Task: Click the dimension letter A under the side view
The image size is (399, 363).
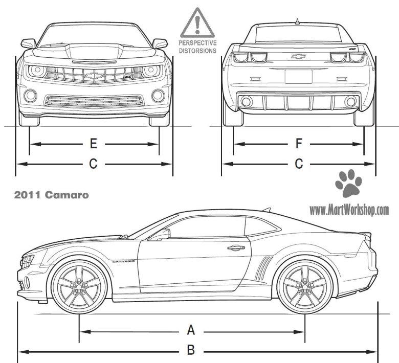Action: point(191,330)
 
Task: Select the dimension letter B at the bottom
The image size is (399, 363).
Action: point(191,351)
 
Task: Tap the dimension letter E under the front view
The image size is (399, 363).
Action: point(93,144)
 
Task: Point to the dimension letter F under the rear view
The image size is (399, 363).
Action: point(299,144)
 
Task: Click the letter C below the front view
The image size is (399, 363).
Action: point(93,164)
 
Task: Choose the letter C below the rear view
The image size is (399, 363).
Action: point(299,164)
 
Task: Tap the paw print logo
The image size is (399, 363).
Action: point(349,184)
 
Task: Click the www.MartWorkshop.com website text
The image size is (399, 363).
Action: point(349,210)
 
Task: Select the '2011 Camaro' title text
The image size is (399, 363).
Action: point(52,195)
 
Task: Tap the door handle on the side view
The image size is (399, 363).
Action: point(236,248)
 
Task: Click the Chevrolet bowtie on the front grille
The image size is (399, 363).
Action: point(94,76)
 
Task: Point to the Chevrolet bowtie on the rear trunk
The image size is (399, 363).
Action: point(298,56)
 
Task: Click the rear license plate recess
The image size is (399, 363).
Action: point(298,76)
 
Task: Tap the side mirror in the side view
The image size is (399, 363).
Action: point(165,234)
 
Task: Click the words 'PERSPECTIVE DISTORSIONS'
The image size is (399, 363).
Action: point(197,47)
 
